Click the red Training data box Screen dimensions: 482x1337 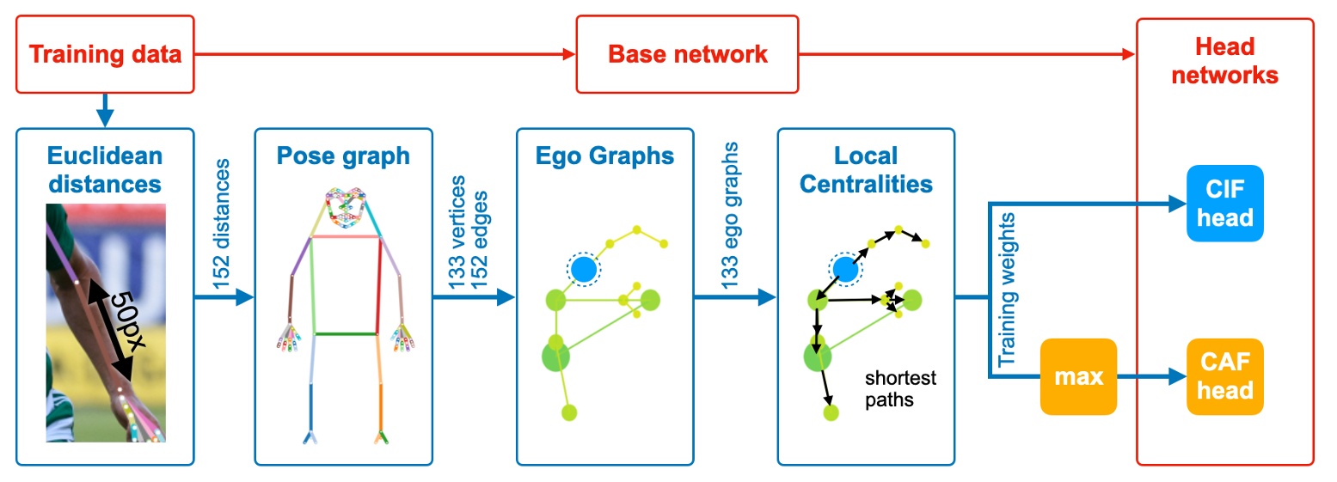[106, 55]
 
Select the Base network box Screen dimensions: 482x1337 [687, 55]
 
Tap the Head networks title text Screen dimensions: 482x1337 [1224, 61]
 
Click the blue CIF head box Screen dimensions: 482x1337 [1224, 203]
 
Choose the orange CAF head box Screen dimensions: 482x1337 [1224, 376]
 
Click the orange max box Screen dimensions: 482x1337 [1078, 376]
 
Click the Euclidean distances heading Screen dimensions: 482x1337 [105, 170]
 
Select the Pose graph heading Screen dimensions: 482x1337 [343, 156]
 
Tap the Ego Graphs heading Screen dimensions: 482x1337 [604, 156]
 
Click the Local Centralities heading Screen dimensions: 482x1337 [866, 170]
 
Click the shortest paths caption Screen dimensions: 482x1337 [899, 388]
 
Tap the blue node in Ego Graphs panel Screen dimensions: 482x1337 [583, 269]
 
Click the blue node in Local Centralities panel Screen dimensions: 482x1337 [844, 269]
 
